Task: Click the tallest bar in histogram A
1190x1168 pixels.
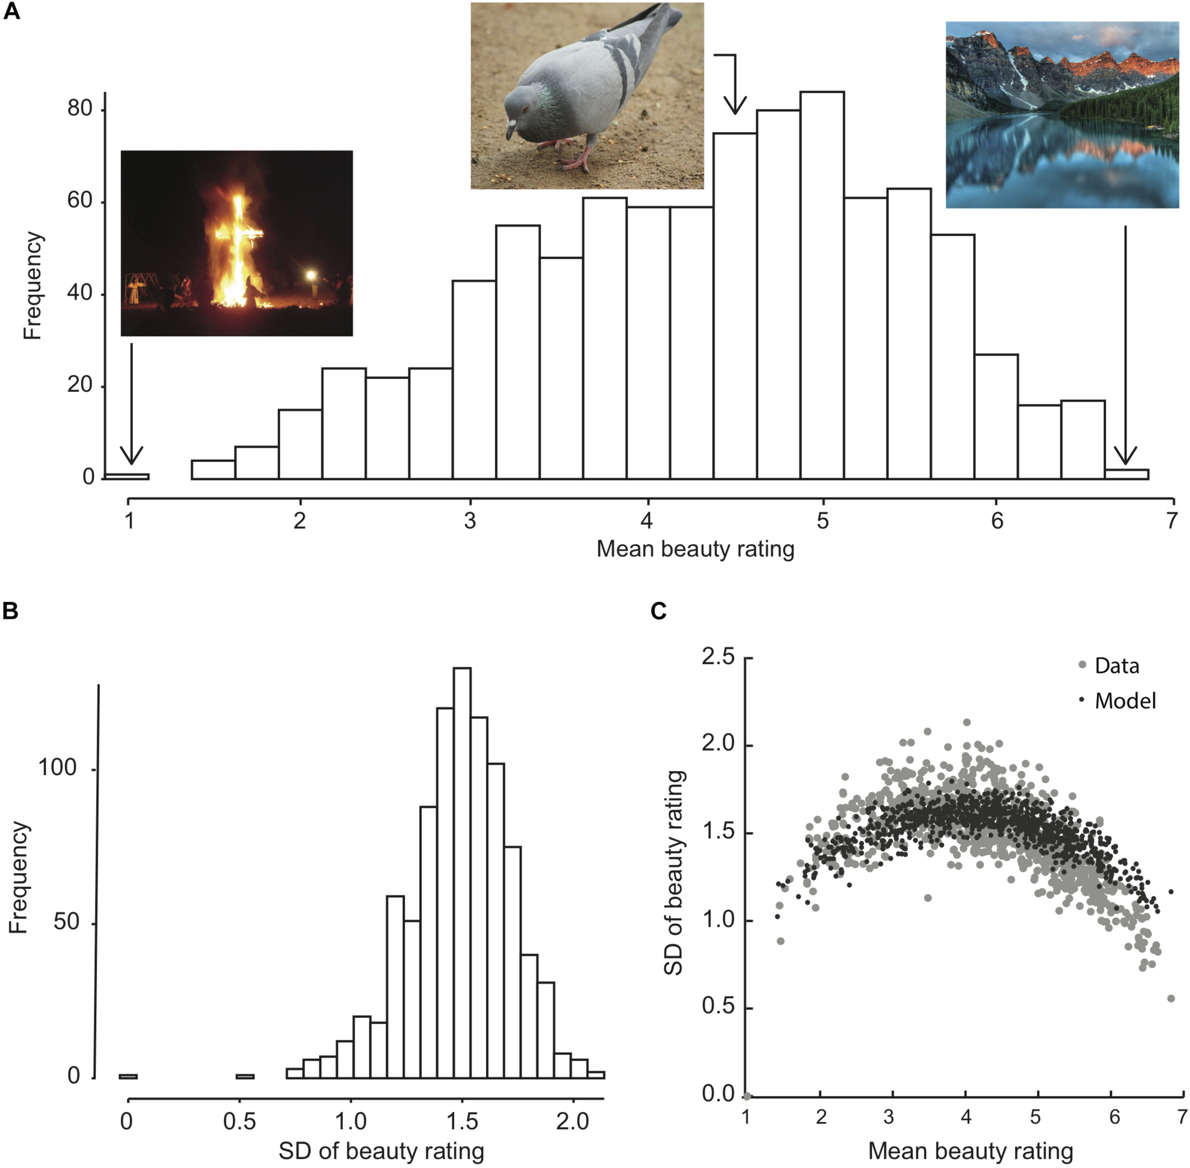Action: [x=822, y=285]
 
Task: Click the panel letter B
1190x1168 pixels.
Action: [x=10, y=611]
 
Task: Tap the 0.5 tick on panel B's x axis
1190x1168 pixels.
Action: [x=240, y=1121]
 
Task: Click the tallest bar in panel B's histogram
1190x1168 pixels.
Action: [x=462, y=871]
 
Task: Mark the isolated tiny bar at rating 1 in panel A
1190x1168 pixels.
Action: [x=128, y=476]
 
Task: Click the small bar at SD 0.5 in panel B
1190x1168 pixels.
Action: [x=245, y=1076]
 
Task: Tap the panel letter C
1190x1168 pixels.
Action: [x=658, y=611]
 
